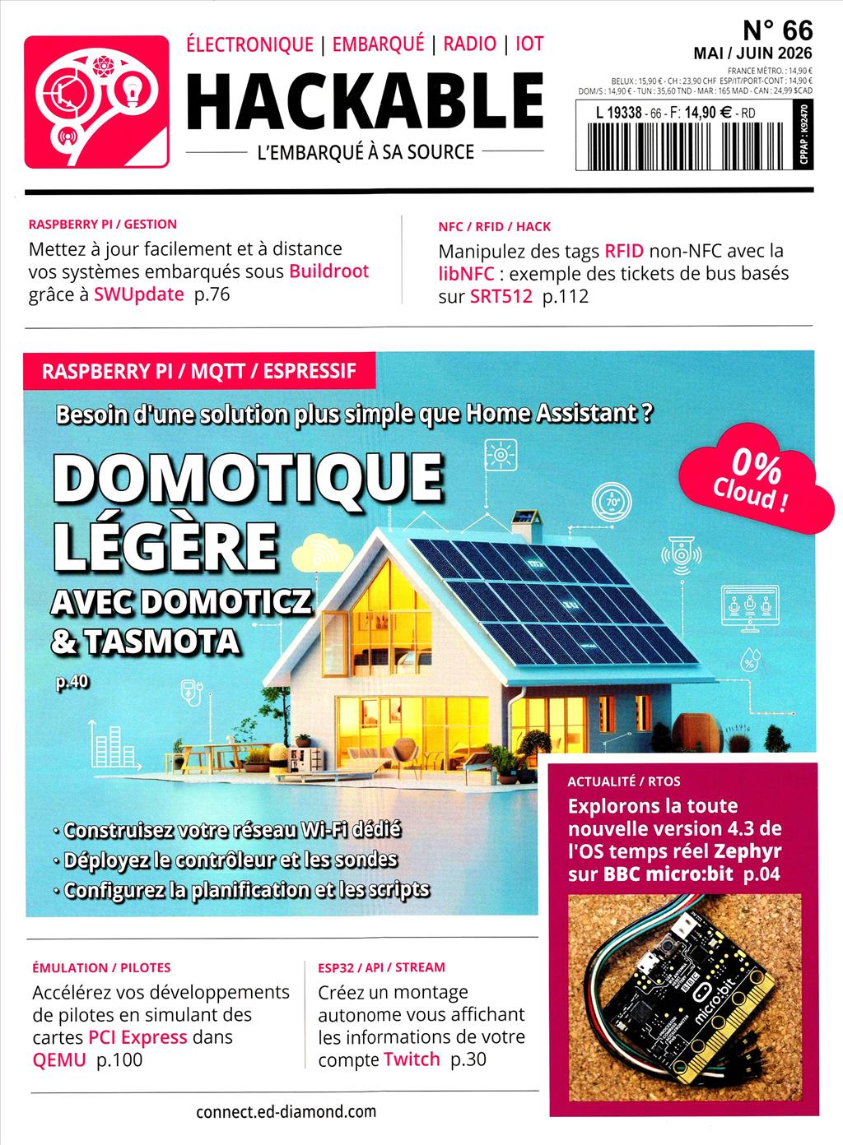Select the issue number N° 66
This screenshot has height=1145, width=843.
pos(776,30)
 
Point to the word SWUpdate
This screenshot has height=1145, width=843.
pos(138,294)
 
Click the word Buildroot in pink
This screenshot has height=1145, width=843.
pos(328,271)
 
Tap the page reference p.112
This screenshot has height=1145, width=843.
pos(566,297)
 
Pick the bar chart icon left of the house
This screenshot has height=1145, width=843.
pos(108,744)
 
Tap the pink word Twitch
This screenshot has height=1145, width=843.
pos(412,1059)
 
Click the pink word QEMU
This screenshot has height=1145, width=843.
pos(59,1060)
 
